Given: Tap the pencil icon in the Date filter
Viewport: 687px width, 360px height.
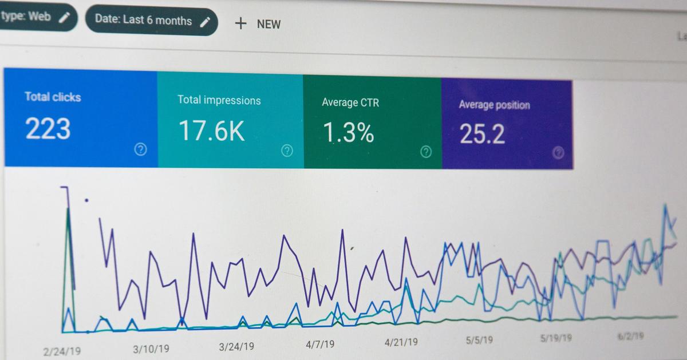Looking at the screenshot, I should (205, 22).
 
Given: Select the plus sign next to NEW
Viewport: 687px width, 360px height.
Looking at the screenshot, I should (241, 23).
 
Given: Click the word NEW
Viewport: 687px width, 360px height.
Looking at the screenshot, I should (269, 24).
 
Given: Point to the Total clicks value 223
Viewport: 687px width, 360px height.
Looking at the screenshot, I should (48, 129).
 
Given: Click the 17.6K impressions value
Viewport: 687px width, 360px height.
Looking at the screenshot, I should (211, 130).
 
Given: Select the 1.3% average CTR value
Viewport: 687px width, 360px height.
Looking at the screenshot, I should (348, 133).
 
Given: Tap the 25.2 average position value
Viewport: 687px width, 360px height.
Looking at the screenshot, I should (482, 134).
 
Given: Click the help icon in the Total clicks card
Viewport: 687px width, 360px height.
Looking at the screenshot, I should (140, 149).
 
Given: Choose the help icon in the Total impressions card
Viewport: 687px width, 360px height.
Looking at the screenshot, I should (287, 151).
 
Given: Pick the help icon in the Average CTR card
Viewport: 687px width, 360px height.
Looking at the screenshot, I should (426, 152).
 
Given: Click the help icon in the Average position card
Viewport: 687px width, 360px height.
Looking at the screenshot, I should (559, 152).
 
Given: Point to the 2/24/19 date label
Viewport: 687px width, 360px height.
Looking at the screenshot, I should (61, 351).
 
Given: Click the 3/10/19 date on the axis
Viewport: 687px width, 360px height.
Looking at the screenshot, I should (151, 349).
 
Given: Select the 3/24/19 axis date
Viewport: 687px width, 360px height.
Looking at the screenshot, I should (236, 346).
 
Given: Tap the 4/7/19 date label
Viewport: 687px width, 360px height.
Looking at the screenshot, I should (320, 344).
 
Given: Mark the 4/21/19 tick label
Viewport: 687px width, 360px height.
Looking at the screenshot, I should (401, 342).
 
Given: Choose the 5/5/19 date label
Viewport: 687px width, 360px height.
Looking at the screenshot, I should (479, 339).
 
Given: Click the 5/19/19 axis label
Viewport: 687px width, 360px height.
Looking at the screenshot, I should (555, 338).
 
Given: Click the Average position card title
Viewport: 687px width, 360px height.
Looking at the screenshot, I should (494, 105).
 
